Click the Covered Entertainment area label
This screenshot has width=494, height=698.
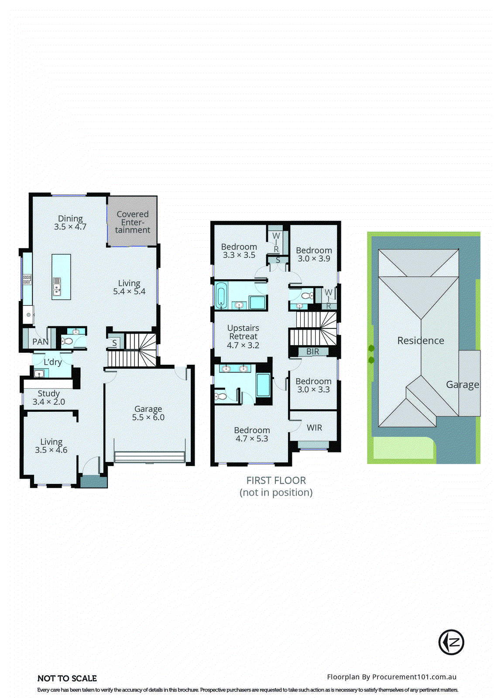coord(132,222)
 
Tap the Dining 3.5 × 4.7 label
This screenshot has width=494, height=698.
coord(70,222)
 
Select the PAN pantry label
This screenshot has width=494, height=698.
coord(40,342)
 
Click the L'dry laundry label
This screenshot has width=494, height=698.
coord(52,362)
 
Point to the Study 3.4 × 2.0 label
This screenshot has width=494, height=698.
coord(48,397)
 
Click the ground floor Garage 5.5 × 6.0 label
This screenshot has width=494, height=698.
coord(148,413)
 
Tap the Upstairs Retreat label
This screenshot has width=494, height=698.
coord(243,336)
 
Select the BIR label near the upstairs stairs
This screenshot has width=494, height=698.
coord(312,352)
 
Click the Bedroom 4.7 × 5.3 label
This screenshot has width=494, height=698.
coord(252,434)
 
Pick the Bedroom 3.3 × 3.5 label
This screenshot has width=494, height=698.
coord(239,251)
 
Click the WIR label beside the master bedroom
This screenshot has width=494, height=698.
coord(314,428)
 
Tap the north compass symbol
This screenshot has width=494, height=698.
coord(451,642)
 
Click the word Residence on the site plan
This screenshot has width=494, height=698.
coord(420,341)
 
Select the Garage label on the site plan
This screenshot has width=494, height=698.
coord(462,385)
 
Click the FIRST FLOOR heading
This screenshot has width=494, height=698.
coord(276,480)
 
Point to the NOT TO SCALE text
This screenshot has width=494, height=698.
coord(67,678)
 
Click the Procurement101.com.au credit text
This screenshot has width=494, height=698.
coord(391,677)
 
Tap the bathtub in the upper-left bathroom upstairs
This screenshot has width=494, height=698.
coord(221,295)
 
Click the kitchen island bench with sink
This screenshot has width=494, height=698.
coord(61,277)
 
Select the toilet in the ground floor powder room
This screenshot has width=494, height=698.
coord(67,341)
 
